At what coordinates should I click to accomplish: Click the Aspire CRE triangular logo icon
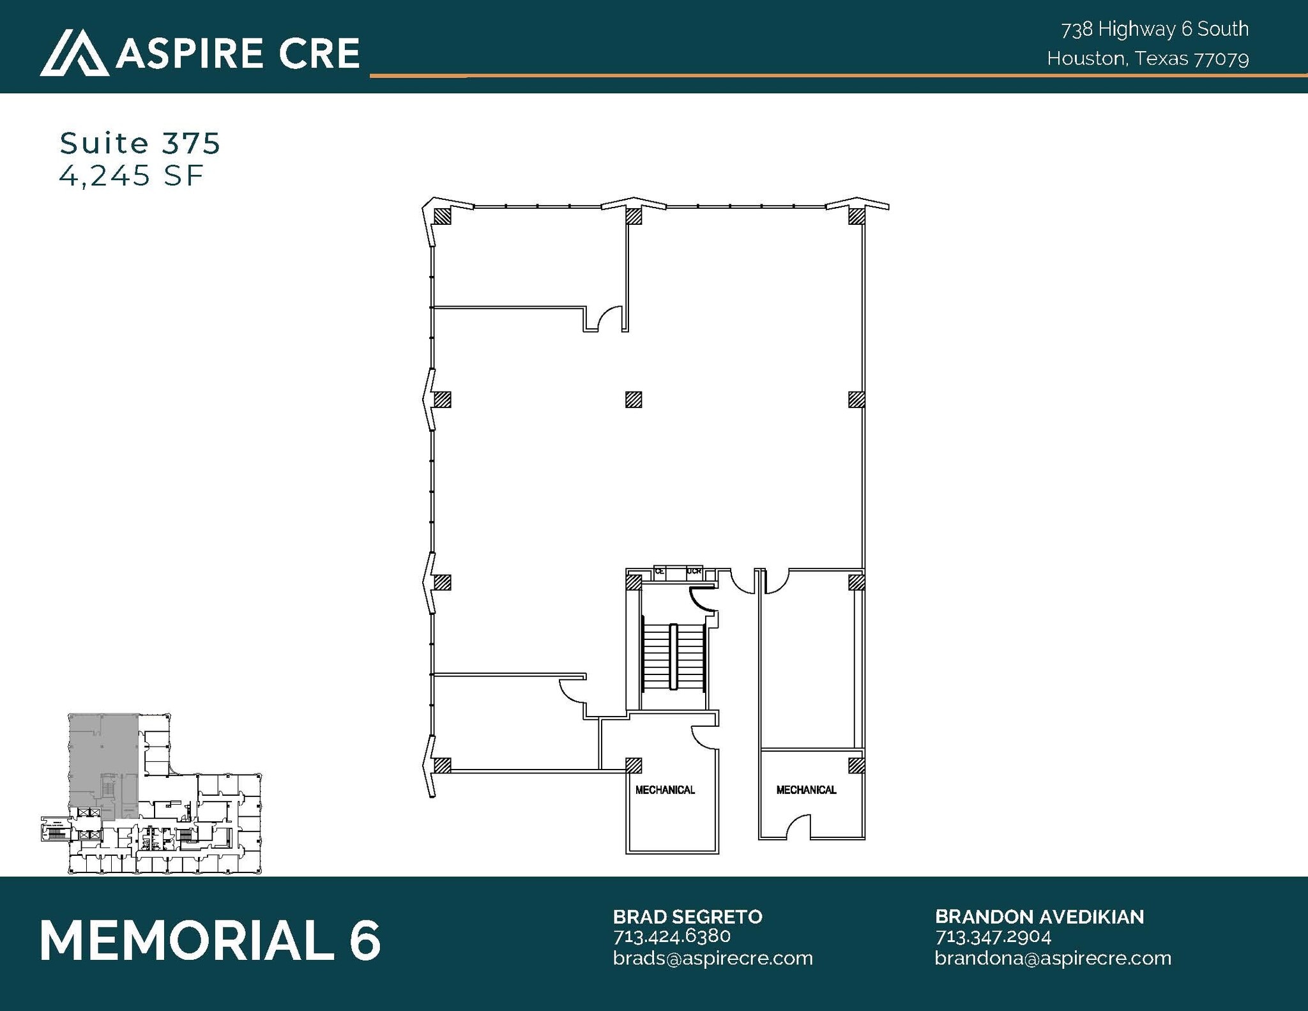[74, 52]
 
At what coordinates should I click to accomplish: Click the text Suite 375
[140, 143]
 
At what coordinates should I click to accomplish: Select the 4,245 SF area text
[131, 175]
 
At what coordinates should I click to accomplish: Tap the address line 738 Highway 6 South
[1155, 29]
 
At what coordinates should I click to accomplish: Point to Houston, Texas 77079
[1148, 59]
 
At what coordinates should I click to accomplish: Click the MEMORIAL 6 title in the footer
[210, 940]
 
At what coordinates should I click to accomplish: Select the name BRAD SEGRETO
[687, 916]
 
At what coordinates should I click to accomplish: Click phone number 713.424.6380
[671, 936]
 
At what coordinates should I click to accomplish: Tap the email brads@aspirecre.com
[712, 958]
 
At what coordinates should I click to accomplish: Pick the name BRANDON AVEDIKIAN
[1039, 916]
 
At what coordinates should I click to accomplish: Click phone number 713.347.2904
[992, 936]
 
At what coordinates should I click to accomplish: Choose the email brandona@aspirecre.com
[1053, 958]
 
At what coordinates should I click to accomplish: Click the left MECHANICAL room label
[665, 790]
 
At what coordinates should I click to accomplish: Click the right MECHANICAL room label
[806, 790]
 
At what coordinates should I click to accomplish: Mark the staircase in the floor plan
[673, 657]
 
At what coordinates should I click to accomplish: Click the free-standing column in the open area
[633, 400]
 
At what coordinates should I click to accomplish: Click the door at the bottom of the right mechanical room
[798, 828]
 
